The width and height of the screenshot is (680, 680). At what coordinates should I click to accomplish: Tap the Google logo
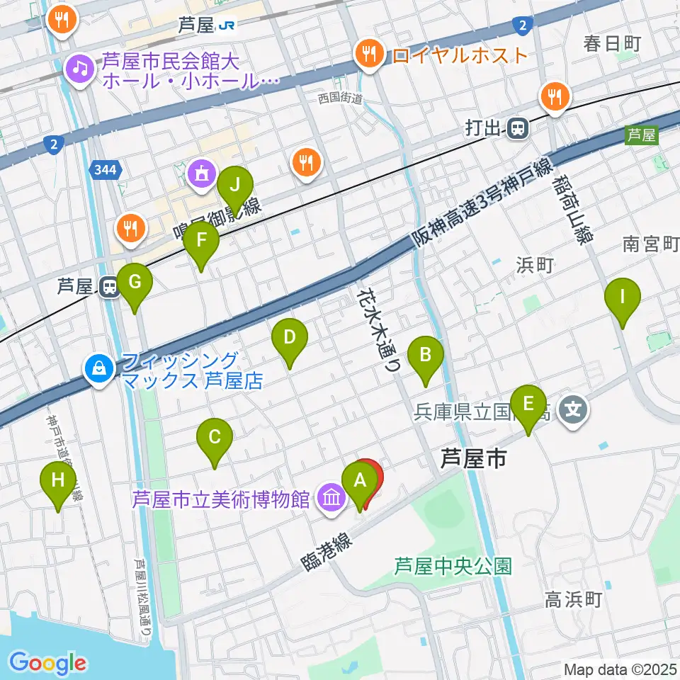(48, 663)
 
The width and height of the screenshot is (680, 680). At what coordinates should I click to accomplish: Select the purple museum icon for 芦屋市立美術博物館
(331, 498)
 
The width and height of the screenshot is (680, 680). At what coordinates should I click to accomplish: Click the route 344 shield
(107, 169)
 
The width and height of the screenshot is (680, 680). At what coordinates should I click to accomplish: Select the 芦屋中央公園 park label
(453, 566)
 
